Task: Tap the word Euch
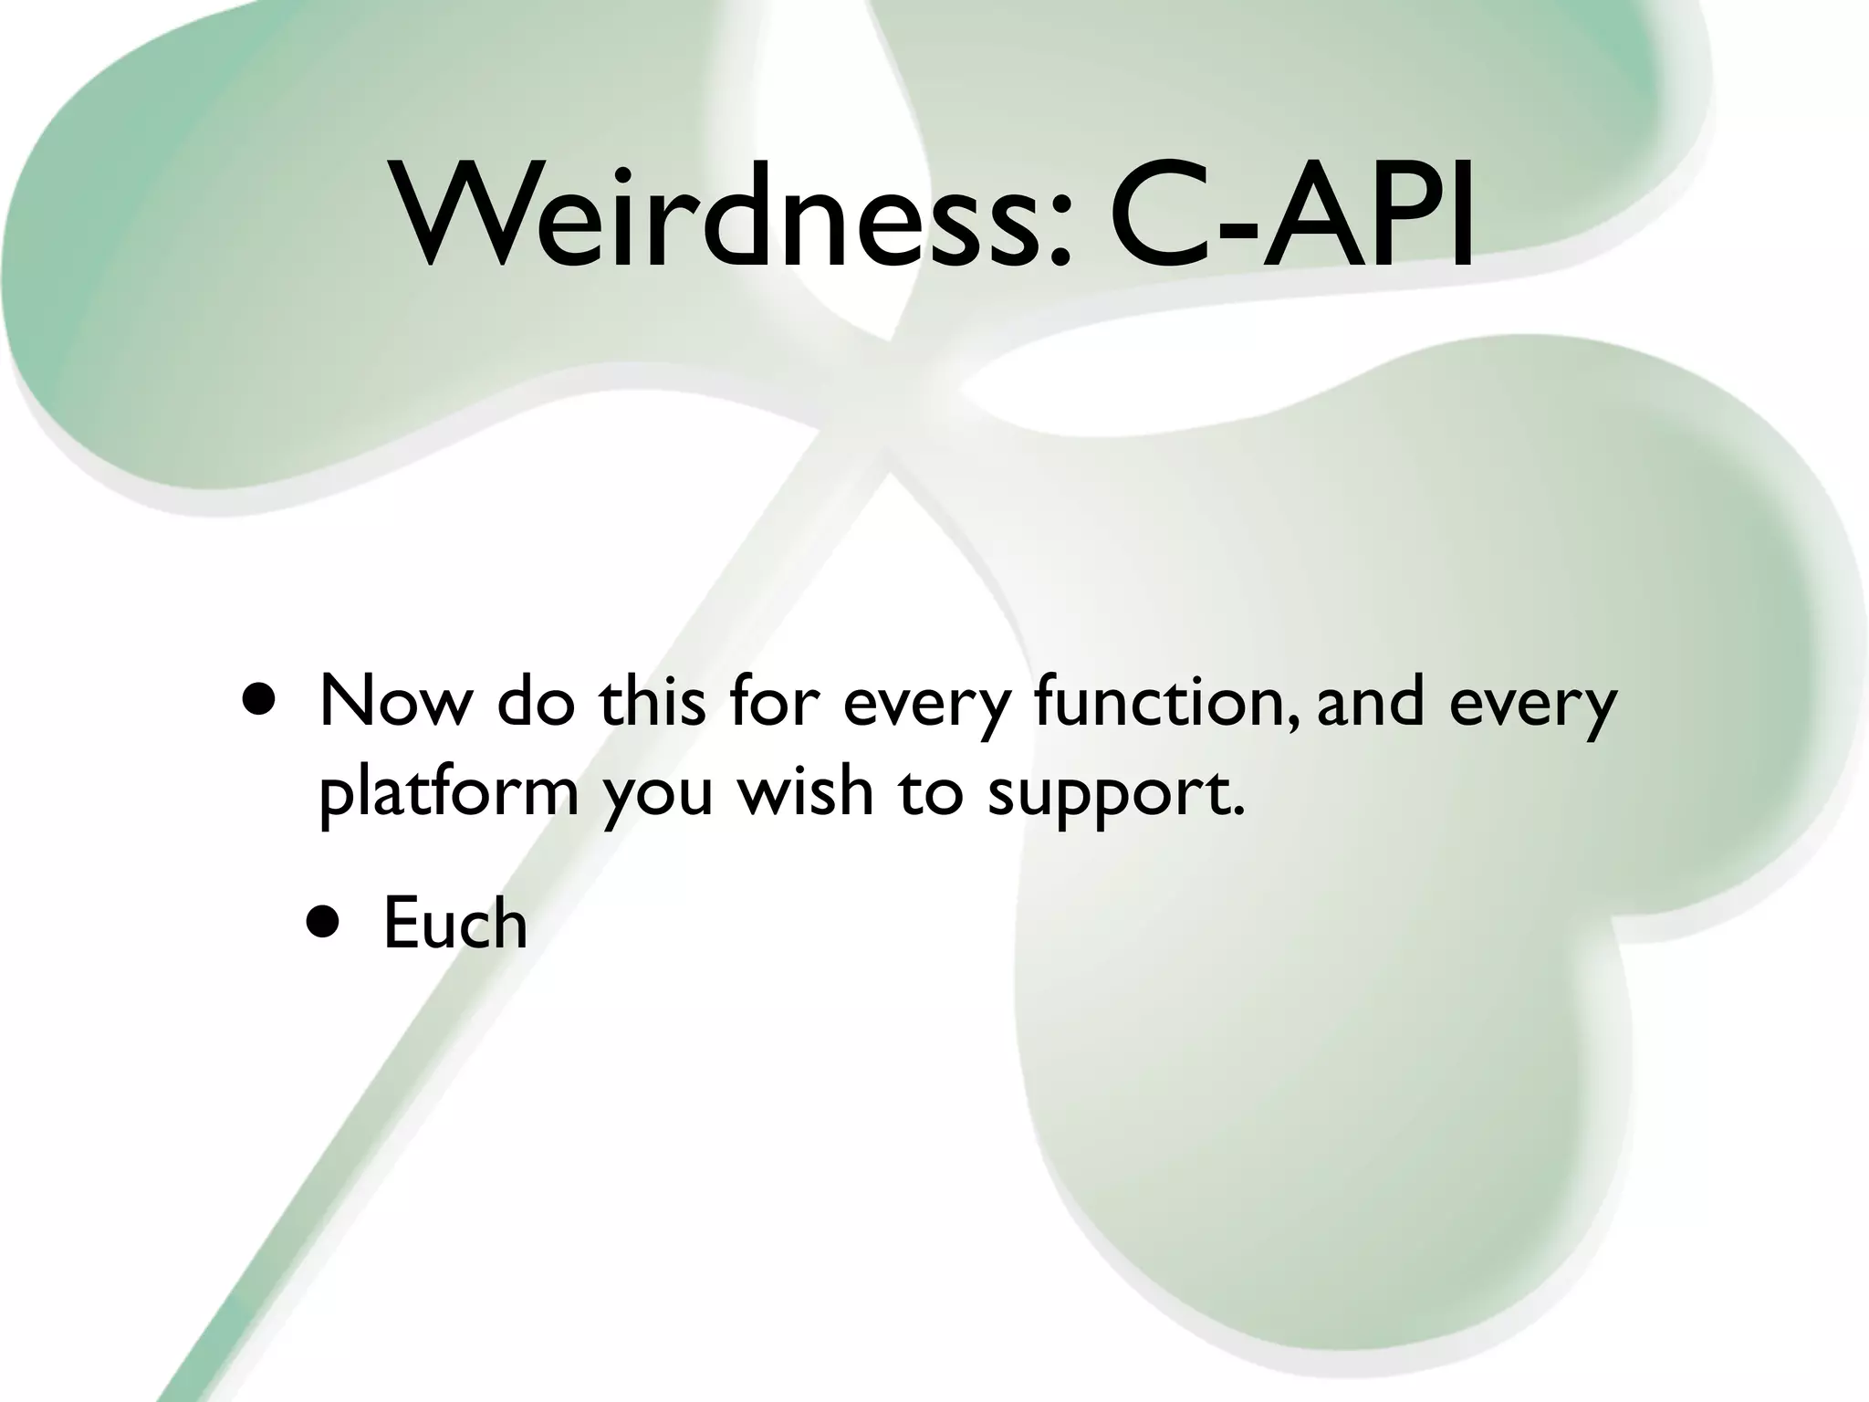pos(454,924)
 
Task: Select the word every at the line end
pos(1533,706)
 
